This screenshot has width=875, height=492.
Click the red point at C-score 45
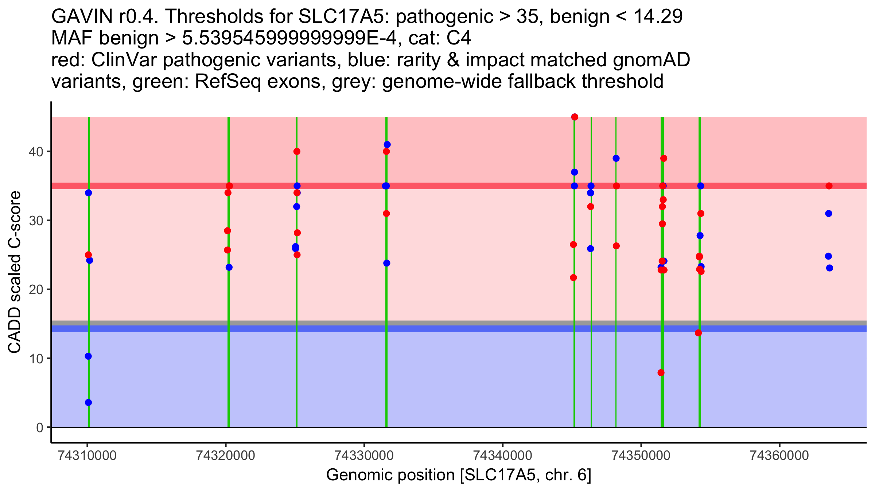[x=575, y=117]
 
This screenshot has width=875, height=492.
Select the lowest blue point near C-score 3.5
[x=88, y=402]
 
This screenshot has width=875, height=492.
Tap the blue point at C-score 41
[x=387, y=145]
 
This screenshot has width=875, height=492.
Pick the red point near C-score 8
[x=661, y=372]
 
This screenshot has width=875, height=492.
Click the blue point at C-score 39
[x=616, y=158]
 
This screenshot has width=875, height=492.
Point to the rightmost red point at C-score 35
[x=829, y=186]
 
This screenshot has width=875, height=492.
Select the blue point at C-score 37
[x=575, y=172]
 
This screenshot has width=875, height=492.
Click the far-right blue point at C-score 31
[x=829, y=214]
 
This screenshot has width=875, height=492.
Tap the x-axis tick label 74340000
[x=502, y=456]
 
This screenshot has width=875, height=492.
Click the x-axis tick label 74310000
[x=87, y=456]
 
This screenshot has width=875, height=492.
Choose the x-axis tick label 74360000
[x=779, y=456]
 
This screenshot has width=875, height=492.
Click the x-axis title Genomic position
[x=459, y=475]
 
